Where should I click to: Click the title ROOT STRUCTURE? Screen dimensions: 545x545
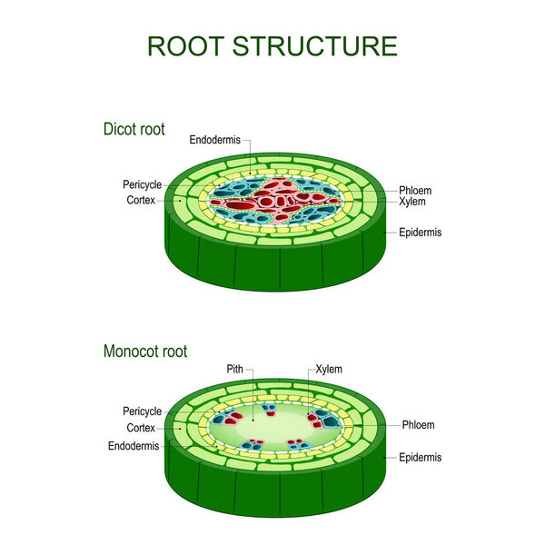coord(272,45)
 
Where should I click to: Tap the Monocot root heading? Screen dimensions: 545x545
coord(145,351)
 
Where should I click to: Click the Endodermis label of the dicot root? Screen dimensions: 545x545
coord(215,140)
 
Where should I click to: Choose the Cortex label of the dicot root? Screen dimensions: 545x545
coord(142,200)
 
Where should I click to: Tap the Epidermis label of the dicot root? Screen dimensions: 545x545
coord(420,233)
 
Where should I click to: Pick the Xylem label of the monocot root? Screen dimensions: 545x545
coord(329,370)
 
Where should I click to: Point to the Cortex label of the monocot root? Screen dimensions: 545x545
coord(142,427)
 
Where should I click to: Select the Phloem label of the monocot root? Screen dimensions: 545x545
coord(416,424)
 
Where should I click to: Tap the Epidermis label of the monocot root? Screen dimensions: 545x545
coord(420,458)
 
